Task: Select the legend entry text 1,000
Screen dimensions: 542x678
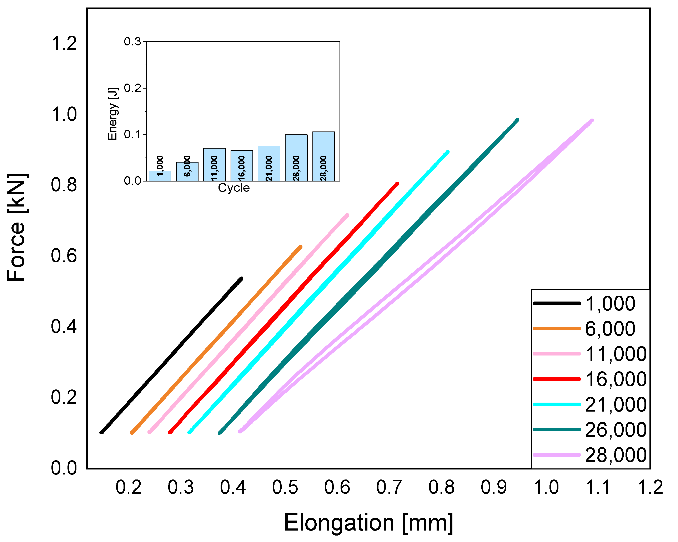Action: pos(610,304)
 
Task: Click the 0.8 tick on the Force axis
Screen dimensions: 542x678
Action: pos(64,185)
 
